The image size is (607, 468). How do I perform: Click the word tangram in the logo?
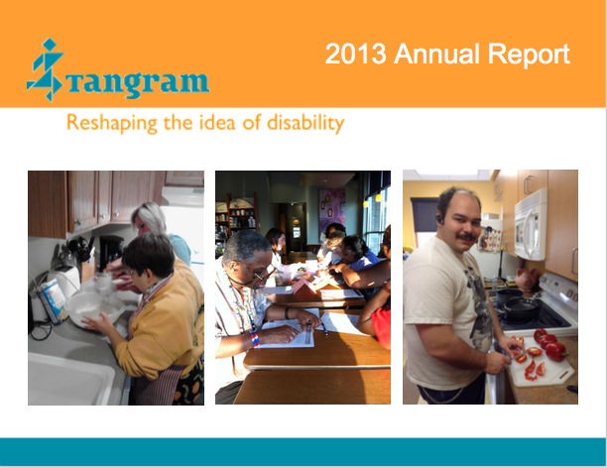point(138,83)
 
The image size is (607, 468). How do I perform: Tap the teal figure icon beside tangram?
point(45,69)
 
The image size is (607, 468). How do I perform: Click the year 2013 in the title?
point(356,54)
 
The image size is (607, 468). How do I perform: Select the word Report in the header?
point(529,55)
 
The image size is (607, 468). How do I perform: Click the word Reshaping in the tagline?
point(112,123)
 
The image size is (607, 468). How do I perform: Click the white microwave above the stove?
point(531,225)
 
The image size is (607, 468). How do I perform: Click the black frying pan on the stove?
point(521,307)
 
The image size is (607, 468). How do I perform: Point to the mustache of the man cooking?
point(467,236)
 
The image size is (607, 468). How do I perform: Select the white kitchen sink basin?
point(71,380)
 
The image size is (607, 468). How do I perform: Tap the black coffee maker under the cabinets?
point(110,253)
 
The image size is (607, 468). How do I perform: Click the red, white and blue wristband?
point(254,338)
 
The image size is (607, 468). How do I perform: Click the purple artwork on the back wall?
point(331,211)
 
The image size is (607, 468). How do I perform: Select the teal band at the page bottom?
point(303,452)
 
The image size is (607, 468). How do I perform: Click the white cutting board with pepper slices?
point(540,364)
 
